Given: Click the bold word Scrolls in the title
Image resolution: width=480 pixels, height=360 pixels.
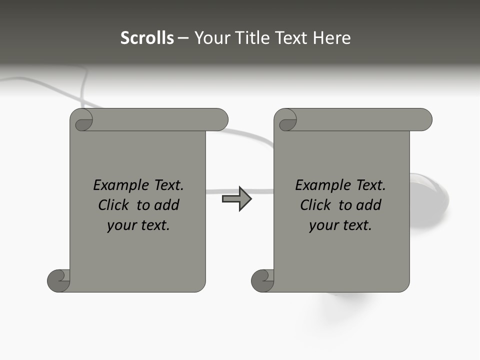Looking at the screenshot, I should click(147, 37).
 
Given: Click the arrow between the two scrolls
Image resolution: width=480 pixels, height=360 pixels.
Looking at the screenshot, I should click(237, 199).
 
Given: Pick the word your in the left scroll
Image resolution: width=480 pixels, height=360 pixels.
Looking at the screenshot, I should click(120, 225).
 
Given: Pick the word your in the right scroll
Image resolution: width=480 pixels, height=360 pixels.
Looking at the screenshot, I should click(322, 225).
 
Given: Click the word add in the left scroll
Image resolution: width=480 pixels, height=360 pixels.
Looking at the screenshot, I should click(166, 205).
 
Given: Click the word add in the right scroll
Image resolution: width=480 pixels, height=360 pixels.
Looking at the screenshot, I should click(368, 205).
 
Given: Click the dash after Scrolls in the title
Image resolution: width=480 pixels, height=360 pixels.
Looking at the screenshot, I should click(183, 38).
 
